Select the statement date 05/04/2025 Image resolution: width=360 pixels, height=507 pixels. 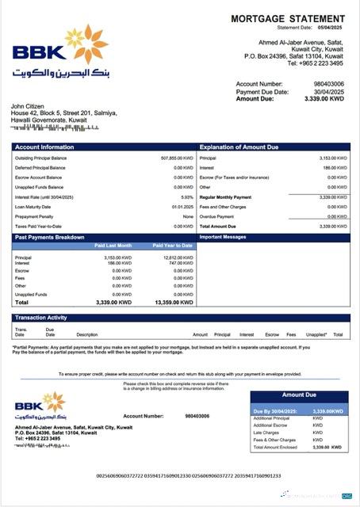pyautogui.click(x=331, y=27)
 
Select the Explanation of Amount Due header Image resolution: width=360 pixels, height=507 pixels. pyautogui.click(x=239, y=147)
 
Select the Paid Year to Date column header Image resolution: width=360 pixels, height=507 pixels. pyautogui.click(x=173, y=246)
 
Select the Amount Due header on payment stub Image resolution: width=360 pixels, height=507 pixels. pyautogui.click(x=299, y=395)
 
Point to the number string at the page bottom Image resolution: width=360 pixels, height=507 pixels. pyautogui.click(x=188, y=476)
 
